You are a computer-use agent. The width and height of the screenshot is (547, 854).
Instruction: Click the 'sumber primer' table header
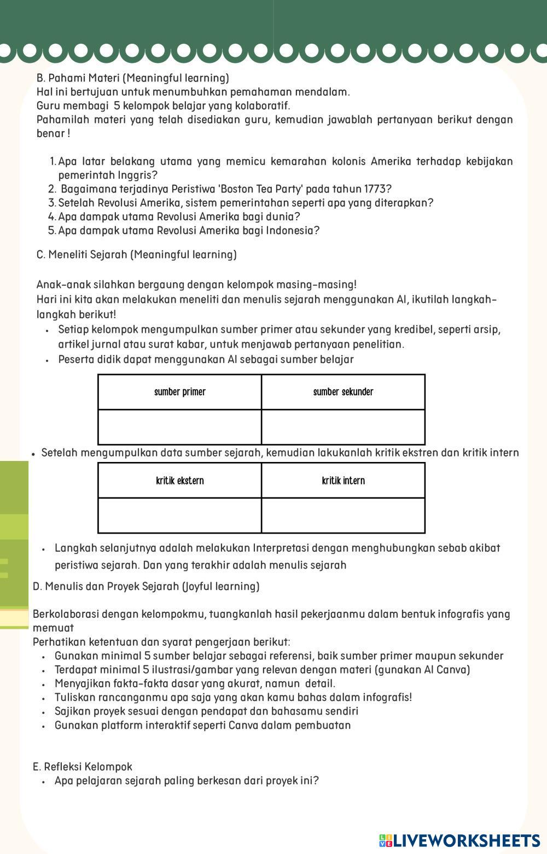click(179, 392)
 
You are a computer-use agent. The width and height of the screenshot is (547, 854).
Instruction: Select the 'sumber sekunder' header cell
click(343, 392)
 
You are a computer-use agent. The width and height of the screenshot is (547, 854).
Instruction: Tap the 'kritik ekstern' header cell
click(179, 481)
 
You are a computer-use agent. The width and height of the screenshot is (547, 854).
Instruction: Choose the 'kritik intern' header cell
click(343, 481)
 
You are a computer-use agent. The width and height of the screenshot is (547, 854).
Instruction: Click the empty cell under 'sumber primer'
click(179, 427)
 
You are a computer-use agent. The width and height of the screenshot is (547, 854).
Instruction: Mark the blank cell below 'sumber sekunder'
click(343, 427)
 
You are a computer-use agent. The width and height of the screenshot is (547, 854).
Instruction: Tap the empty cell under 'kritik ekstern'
click(179, 516)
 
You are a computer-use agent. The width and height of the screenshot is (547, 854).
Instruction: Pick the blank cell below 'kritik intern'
click(343, 516)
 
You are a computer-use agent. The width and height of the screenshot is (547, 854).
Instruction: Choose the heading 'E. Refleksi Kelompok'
click(83, 767)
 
